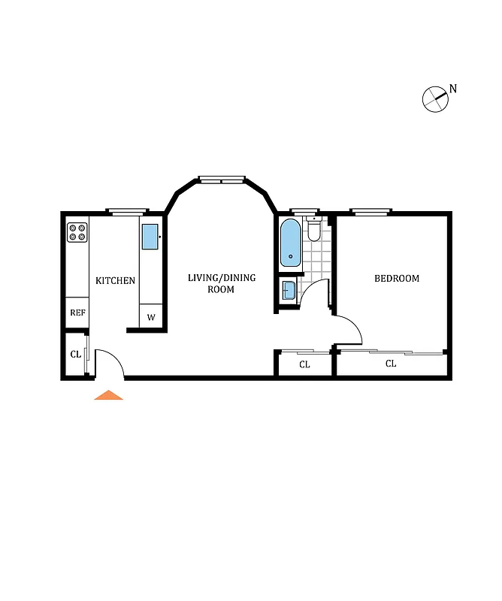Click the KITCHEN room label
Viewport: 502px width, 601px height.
(115, 281)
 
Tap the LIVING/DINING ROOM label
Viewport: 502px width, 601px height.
(222, 283)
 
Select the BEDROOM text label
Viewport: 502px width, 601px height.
(397, 279)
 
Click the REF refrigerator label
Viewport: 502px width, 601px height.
(77, 313)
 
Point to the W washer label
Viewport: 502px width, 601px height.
(151, 317)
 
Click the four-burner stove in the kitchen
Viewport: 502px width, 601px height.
(77, 233)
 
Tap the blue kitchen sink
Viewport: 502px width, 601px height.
(150, 237)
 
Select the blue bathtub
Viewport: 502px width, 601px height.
(291, 243)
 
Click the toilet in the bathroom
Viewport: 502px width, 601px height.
(314, 228)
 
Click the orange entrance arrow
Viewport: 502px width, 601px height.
(108, 395)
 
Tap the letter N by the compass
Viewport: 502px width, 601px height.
(453, 89)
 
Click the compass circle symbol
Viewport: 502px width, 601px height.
(435, 99)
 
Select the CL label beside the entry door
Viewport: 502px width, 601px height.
(76, 354)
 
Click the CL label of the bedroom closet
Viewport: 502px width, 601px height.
(391, 364)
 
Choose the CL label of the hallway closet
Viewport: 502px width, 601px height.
(304, 365)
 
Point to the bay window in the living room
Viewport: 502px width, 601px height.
(222, 179)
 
